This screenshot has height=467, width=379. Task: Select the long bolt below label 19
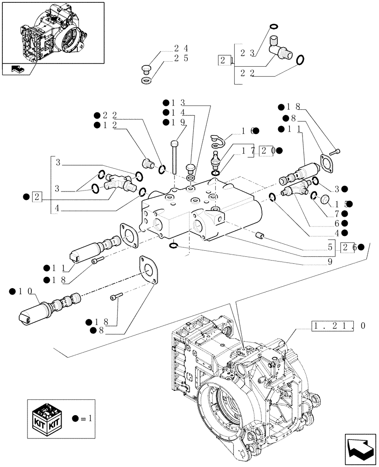click(x=174, y=156)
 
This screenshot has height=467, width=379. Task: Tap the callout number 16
click(x=247, y=132)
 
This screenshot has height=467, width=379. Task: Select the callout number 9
click(x=330, y=262)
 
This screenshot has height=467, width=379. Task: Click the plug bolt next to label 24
click(x=145, y=70)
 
